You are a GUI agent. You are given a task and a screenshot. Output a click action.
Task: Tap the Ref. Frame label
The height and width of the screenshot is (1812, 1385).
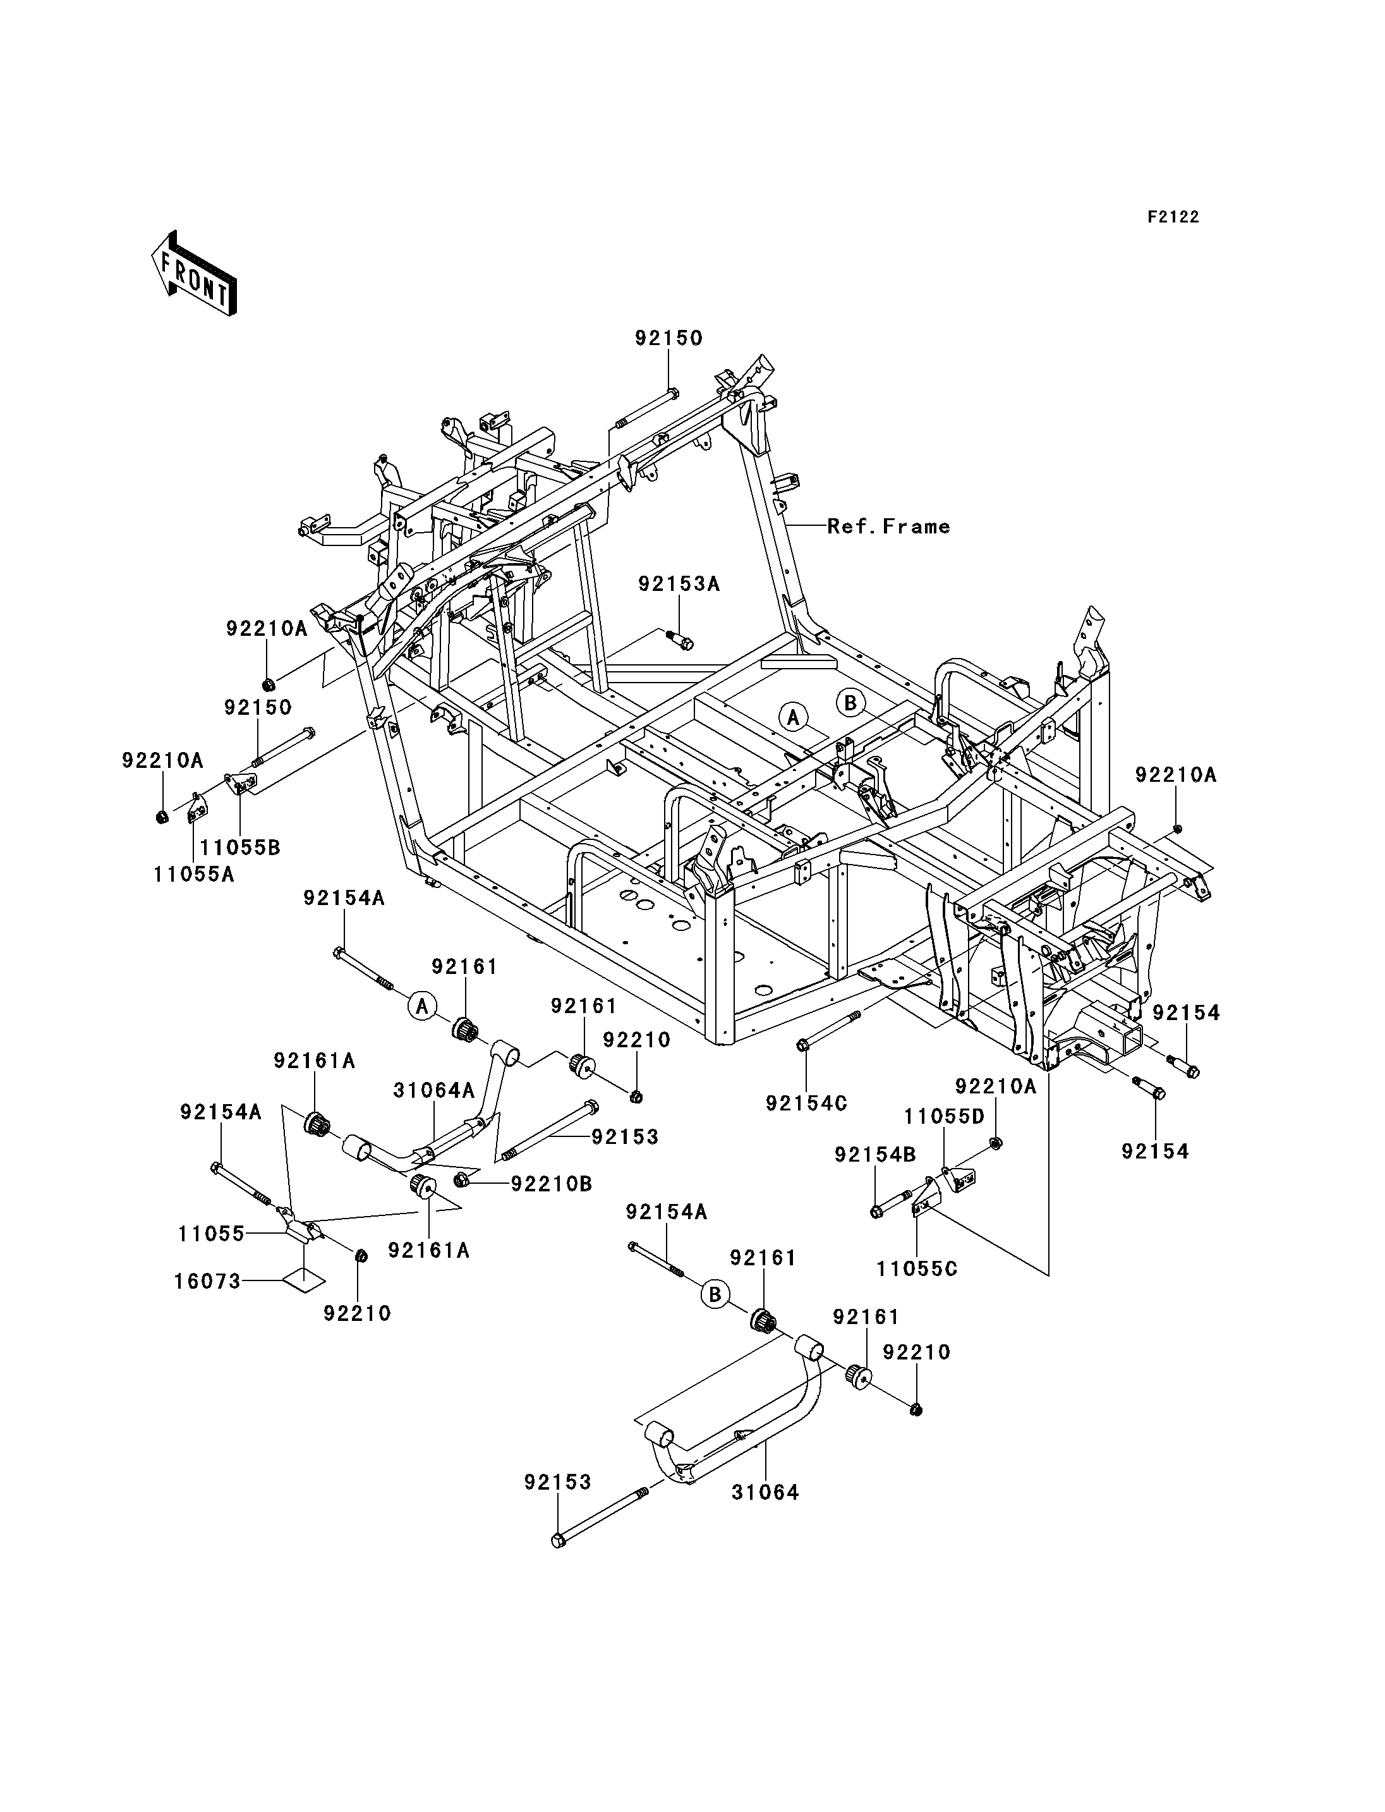[x=889, y=526]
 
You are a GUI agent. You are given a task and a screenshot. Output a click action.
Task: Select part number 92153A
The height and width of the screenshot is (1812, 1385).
[x=679, y=584]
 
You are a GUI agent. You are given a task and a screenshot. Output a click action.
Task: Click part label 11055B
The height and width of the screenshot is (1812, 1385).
[x=240, y=847]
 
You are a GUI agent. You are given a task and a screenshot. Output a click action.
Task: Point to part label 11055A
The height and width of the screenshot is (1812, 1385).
[x=194, y=873]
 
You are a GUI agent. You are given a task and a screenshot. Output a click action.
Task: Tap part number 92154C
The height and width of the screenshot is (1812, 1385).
[x=806, y=1103]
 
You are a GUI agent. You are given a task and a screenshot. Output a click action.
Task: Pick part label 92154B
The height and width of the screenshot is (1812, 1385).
[x=876, y=1155]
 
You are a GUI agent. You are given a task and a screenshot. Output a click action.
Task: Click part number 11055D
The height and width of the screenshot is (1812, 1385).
[x=945, y=1117]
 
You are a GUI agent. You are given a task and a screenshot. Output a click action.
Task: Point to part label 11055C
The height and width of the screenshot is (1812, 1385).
[x=917, y=1268]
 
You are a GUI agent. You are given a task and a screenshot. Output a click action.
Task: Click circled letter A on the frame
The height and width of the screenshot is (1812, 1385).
[x=793, y=717]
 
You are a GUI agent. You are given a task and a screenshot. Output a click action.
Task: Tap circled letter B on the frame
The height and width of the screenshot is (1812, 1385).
[x=851, y=703]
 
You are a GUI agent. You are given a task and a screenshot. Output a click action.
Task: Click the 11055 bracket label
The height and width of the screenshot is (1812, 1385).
[x=211, y=1234]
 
